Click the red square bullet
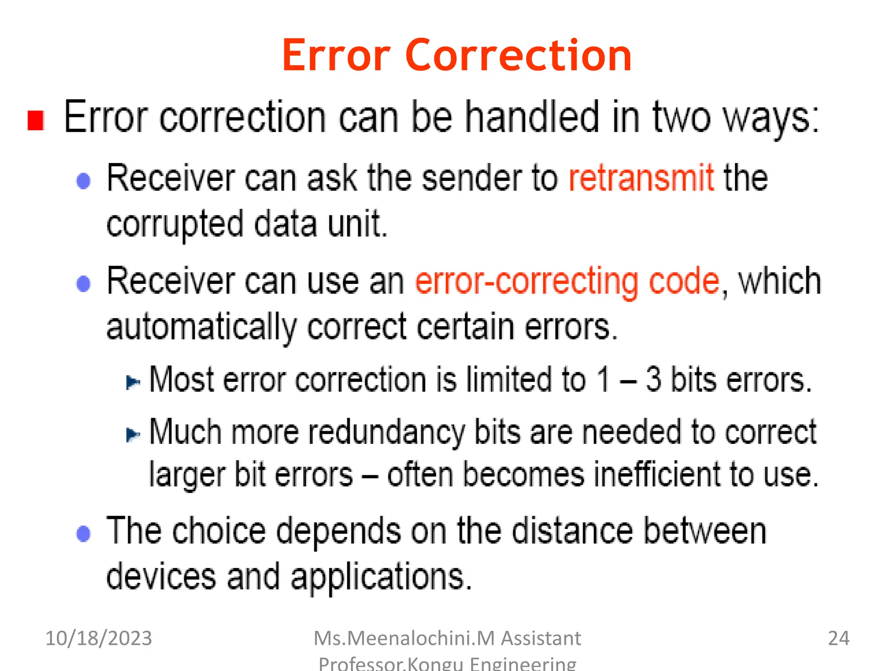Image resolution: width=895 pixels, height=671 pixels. (x=36, y=120)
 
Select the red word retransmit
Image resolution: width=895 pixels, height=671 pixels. (x=641, y=178)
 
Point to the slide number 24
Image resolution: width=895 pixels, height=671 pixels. (x=838, y=638)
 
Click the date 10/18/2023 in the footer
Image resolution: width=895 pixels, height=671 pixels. (x=99, y=638)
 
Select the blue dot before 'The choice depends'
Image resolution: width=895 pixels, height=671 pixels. (x=83, y=533)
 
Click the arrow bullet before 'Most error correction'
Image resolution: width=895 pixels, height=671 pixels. (x=133, y=383)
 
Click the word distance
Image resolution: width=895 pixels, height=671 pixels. (x=572, y=531)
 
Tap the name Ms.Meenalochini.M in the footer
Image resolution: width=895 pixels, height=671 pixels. (x=404, y=638)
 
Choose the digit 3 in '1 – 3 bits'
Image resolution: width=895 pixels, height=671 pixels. (x=653, y=379)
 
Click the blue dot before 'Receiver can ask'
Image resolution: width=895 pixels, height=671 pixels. (x=83, y=181)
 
